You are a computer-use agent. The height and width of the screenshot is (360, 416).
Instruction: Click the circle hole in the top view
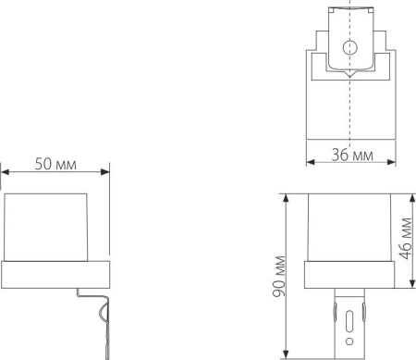point(350,49)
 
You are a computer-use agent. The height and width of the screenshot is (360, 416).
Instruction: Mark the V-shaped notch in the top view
point(350,74)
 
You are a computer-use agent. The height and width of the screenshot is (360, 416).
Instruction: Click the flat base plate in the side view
point(55,275)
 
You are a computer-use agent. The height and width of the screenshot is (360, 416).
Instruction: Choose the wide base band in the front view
point(349,275)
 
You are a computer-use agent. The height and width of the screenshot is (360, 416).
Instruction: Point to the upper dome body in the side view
point(49,227)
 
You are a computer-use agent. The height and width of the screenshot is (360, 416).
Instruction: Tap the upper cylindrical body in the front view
point(349,227)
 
